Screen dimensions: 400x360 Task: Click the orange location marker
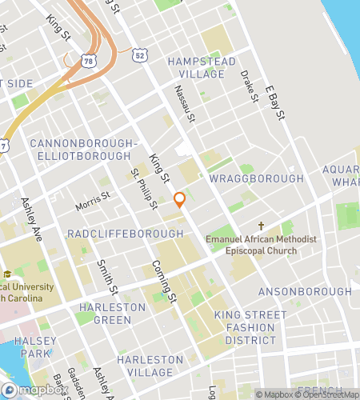(x=180, y=199)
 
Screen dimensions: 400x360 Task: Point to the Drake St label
(x=249, y=86)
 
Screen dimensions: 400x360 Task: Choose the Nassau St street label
(x=184, y=105)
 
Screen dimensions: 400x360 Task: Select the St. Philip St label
(x=144, y=190)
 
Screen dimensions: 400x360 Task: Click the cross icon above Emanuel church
(x=261, y=226)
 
